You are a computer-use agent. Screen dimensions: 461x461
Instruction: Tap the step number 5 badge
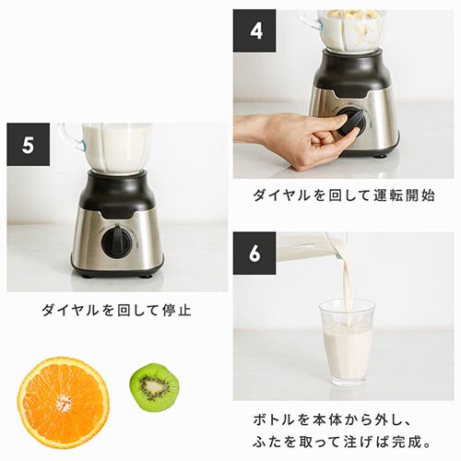(x=28, y=145)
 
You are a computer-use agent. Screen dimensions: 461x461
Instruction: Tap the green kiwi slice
(x=153, y=386)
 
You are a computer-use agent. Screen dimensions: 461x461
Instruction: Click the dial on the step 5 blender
(x=116, y=242)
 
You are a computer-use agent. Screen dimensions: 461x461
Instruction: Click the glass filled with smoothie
(x=348, y=341)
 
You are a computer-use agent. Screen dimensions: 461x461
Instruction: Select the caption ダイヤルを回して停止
(x=116, y=310)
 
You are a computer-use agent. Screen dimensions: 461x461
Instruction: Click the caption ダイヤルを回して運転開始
(x=344, y=195)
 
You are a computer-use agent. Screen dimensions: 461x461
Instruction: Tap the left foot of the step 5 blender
(x=86, y=274)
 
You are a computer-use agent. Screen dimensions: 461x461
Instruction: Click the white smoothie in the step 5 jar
(x=117, y=148)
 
